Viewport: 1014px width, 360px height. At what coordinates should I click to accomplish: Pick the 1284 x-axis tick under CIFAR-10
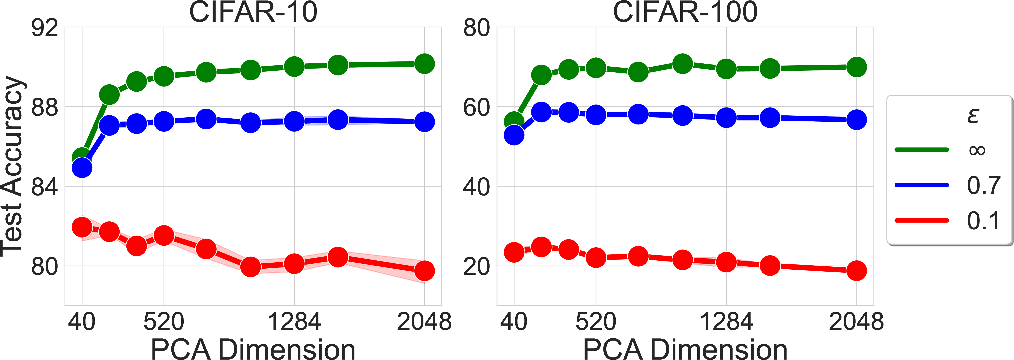click(x=294, y=321)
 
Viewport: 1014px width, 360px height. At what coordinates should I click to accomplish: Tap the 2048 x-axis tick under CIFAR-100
click(x=856, y=321)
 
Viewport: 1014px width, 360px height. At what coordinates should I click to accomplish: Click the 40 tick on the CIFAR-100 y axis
click(x=476, y=187)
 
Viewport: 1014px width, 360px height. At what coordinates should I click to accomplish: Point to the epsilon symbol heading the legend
click(x=973, y=115)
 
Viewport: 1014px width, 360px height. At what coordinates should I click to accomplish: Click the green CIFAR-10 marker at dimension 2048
click(x=424, y=64)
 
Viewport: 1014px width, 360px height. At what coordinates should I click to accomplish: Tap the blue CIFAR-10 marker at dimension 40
click(x=82, y=168)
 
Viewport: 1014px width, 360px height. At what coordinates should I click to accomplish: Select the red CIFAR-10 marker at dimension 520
click(x=164, y=236)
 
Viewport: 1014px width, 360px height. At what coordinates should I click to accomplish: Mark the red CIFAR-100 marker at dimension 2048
click(x=856, y=271)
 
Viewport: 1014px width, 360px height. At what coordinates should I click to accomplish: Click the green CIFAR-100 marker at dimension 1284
click(x=726, y=69)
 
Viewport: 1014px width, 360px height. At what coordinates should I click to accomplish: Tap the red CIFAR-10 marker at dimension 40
click(x=82, y=227)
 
